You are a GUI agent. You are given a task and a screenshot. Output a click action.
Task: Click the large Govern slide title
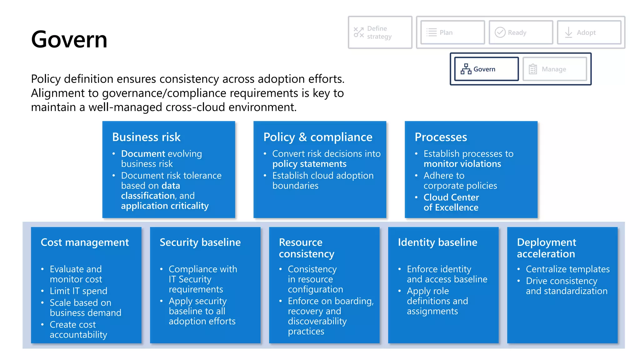[69, 40]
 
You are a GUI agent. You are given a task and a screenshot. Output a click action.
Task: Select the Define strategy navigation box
[380, 32]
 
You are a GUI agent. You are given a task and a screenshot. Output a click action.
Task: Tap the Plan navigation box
[452, 32]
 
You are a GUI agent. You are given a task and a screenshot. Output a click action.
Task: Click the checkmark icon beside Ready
[500, 32]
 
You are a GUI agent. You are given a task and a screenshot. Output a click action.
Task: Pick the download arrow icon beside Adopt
[568, 32]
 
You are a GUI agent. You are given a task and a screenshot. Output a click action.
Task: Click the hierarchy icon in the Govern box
[466, 69]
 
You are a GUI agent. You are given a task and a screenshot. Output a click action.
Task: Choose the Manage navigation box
[554, 69]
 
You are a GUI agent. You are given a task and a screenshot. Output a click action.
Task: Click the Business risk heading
[146, 137]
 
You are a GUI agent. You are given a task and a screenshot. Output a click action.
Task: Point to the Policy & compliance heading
[317, 137]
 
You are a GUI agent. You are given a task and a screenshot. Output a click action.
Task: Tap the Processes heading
[441, 137]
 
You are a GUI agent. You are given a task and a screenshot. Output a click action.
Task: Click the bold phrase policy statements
[309, 164]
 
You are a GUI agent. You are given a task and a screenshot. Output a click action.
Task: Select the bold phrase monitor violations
[462, 164]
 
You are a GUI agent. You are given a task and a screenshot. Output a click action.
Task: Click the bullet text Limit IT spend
[78, 291]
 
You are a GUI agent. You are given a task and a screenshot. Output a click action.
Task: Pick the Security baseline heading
[200, 242]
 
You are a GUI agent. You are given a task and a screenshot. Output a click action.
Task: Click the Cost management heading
[85, 242]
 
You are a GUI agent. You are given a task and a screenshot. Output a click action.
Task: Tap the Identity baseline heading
[437, 242]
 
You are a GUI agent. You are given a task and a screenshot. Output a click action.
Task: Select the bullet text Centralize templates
[567, 269]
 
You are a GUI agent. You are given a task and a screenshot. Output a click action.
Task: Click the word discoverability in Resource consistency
[317, 321]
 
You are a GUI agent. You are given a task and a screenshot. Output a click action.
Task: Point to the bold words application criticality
[165, 206]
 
